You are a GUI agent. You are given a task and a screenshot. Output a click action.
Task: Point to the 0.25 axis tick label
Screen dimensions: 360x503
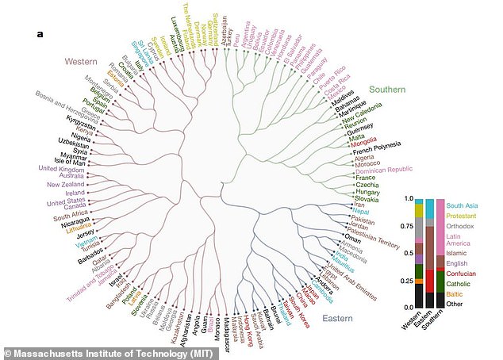[x=410, y=280]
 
